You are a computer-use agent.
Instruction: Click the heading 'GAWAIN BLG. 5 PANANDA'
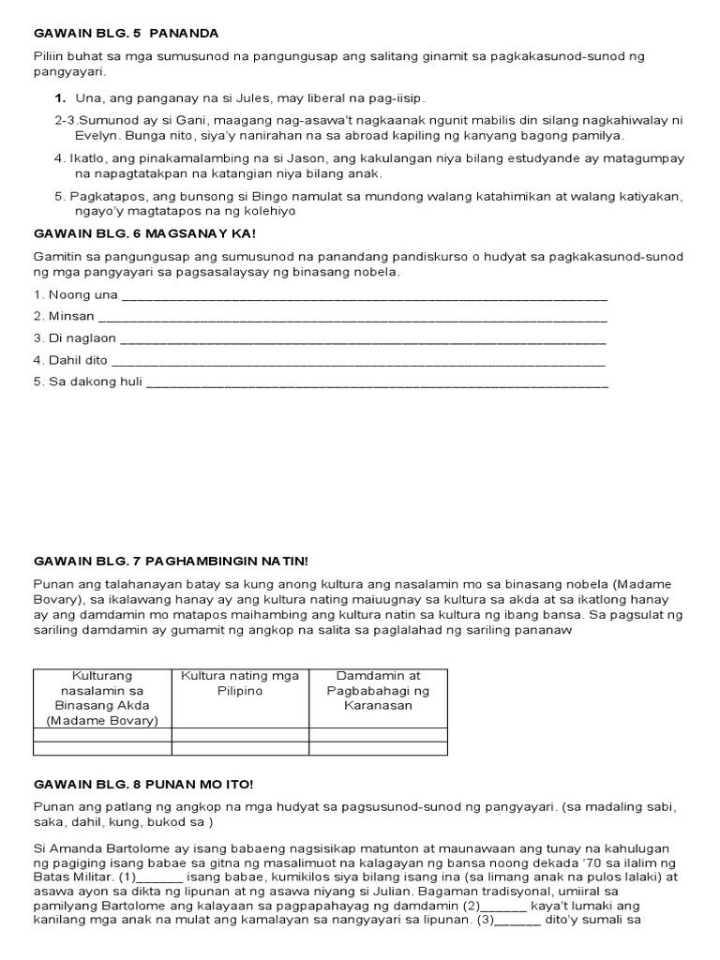click(x=126, y=33)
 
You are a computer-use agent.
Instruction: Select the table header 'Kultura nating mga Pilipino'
click(x=240, y=682)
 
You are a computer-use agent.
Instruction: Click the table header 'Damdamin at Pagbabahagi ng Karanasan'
click(x=378, y=690)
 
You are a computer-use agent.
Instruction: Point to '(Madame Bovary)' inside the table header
click(x=102, y=720)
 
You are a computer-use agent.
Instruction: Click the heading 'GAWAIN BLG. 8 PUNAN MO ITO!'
click(x=143, y=783)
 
